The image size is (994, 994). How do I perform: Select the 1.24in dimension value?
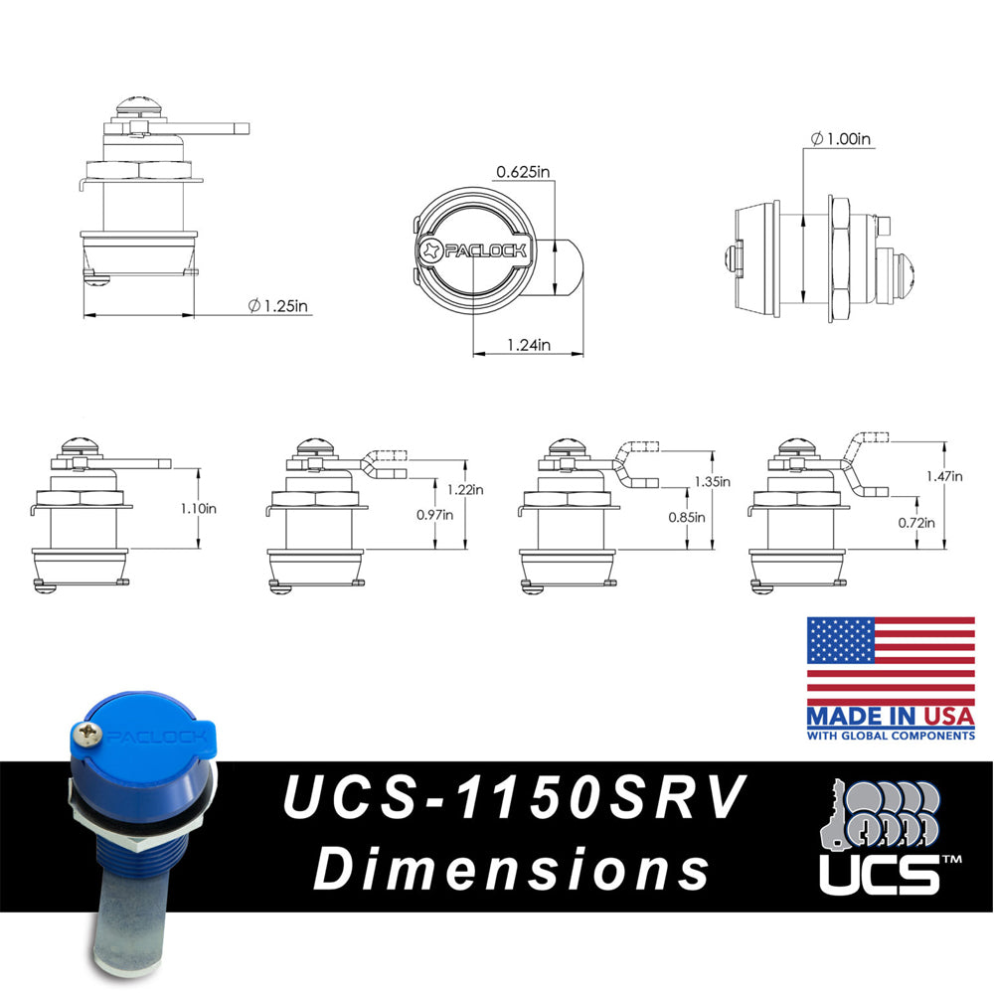529,345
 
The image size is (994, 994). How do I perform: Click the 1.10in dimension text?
199,508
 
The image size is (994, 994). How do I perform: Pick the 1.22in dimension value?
466,489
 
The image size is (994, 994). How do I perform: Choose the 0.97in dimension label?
434,515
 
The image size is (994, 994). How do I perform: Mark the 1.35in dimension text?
712,482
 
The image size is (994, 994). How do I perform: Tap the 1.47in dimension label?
943,476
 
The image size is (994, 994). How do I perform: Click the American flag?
890,659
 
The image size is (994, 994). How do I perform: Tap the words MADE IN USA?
890,717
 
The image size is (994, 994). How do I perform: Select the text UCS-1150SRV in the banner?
513,799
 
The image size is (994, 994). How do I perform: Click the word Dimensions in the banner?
513,870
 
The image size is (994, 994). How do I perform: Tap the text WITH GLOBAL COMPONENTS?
890,736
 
